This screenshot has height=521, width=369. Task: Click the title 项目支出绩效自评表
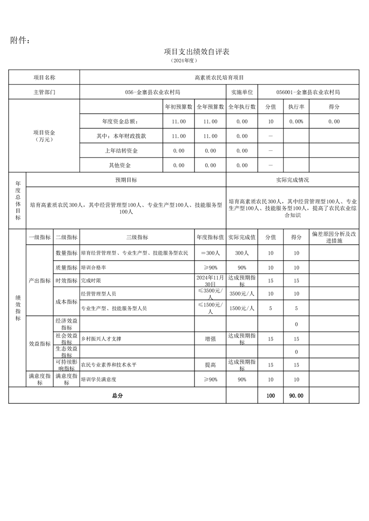click(197, 52)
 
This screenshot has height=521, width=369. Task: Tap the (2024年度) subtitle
click(185, 61)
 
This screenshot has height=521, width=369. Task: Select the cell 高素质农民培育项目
click(219, 78)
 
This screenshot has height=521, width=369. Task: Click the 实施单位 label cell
click(242, 92)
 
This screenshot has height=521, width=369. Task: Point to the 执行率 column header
click(296, 107)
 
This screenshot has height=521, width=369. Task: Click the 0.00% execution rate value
click(296, 121)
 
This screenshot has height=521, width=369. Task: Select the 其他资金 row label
click(120, 165)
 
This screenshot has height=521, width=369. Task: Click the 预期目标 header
click(126, 180)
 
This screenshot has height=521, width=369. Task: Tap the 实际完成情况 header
click(292, 180)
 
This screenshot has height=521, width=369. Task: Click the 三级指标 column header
click(137, 237)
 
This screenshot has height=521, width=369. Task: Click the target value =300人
click(210, 253)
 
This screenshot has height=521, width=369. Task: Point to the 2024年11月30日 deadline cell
click(210, 280)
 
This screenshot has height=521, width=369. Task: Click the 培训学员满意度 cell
click(98, 379)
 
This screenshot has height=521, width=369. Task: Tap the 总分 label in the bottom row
click(117, 396)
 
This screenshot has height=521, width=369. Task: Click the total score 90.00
click(296, 396)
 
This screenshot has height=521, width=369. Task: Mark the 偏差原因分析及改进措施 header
click(334, 237)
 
